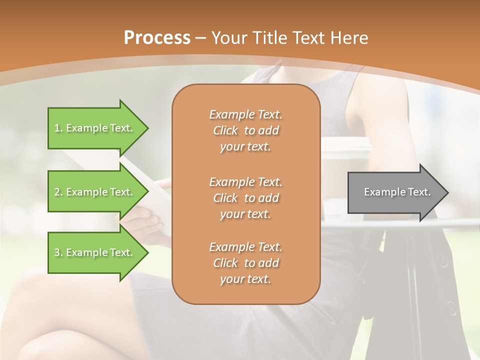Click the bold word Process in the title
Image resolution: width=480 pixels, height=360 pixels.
click(157, 37)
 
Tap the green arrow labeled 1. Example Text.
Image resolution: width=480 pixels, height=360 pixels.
click(95, 128)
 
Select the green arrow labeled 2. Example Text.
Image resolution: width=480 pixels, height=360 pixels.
click(95, 192)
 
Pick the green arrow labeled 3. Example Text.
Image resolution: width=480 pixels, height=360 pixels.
click(95, 252)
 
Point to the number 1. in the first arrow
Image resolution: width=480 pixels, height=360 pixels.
click(58, 128)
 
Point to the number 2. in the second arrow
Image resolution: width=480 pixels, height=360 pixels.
click(58, 192)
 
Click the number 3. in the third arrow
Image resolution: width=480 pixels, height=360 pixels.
click(58, 252)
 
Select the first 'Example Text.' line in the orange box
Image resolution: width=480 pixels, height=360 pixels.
click(245, 114)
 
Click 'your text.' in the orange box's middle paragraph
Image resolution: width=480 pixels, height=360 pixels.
click(245, 214)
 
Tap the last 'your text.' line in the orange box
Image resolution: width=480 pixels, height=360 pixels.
click(245, 279)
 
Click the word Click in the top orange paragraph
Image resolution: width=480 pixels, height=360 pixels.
click(225, 130)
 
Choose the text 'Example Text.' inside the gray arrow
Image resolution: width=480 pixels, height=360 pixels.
click(397, 192)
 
